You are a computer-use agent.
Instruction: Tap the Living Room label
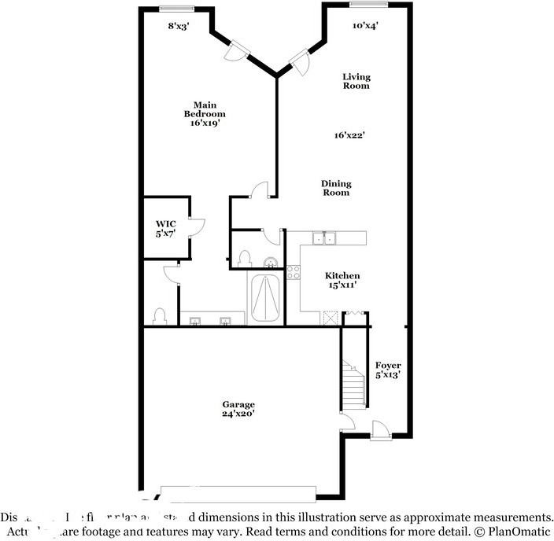[x=356, y=81]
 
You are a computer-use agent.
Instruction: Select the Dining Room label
[x=335, y=188]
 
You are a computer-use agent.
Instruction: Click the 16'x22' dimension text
[x=349, y=134]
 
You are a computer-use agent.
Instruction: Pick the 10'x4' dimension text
[x=365, y=25]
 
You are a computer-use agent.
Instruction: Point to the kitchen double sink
[x=324, y=238]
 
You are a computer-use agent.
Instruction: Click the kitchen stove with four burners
[x=294, y=273]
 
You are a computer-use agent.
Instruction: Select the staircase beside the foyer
[x=354, y=385]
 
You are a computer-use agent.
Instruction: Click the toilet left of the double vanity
[x=160, y=316]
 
